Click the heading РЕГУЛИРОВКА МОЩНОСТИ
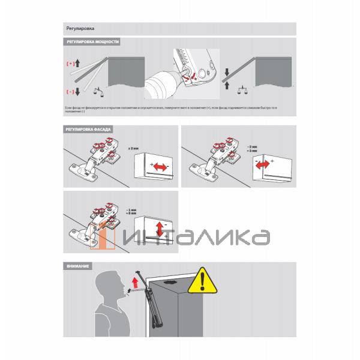pos(92,43)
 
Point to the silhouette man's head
pos(110,286)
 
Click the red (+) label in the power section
pos(69,63)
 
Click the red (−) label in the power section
pos(69,91)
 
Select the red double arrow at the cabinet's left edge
pos(263,165)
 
